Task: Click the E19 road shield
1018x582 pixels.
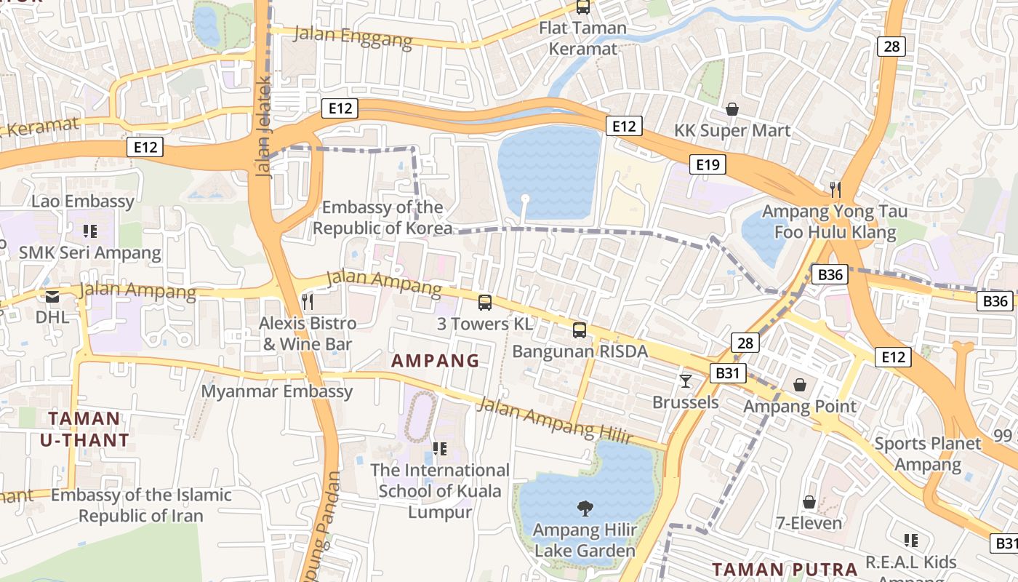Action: (708, 164)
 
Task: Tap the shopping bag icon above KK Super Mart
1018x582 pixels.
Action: (732, 109)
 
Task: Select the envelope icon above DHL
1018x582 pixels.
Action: (52, 296)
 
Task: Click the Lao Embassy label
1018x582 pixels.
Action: (82, 201)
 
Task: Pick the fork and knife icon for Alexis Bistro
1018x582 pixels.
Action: (308, 301)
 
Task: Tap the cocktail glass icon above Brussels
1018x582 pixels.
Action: (685, 380)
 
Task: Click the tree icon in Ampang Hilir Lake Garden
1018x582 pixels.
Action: (585, 509)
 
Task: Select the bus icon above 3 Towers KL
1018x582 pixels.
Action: (485, 303)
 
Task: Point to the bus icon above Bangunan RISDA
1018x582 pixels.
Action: (580, 330)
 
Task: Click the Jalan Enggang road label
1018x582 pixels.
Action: (353, 36)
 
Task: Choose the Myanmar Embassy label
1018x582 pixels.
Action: (277, 391)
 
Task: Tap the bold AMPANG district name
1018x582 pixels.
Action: (436, 360)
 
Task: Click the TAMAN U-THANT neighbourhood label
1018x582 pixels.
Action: (84, 429)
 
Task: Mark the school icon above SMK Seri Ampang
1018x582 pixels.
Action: (89, 231)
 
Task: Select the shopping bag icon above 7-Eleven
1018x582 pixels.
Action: (809, 502)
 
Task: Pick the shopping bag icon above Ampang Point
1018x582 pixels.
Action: (800, 384)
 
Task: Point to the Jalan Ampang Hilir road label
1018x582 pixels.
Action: (554, 420)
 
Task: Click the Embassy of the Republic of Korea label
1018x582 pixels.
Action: (382, 218)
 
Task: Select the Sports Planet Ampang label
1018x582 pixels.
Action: (928, 453)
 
